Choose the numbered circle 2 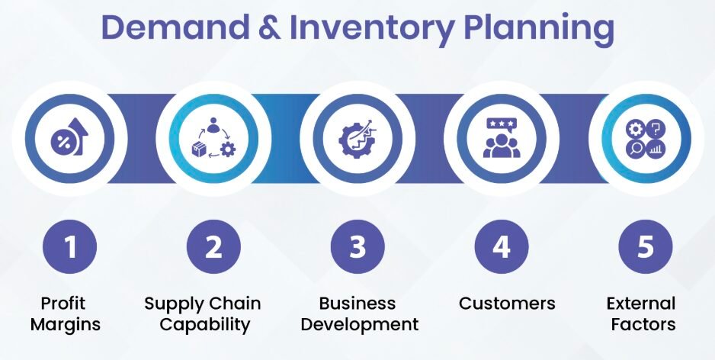tap(213, 246)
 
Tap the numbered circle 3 tap(357, 246)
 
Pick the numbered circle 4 tap(502, 246)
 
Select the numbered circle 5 tap(645, 246)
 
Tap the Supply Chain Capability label tap(203, 313)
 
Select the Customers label tap(507, 304)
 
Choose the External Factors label tap(641, 313)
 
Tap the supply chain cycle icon tap(213, 139)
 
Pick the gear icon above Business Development tap(357, 139)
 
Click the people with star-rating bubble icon tap(502, 139)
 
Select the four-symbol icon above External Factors tap(645, 139)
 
